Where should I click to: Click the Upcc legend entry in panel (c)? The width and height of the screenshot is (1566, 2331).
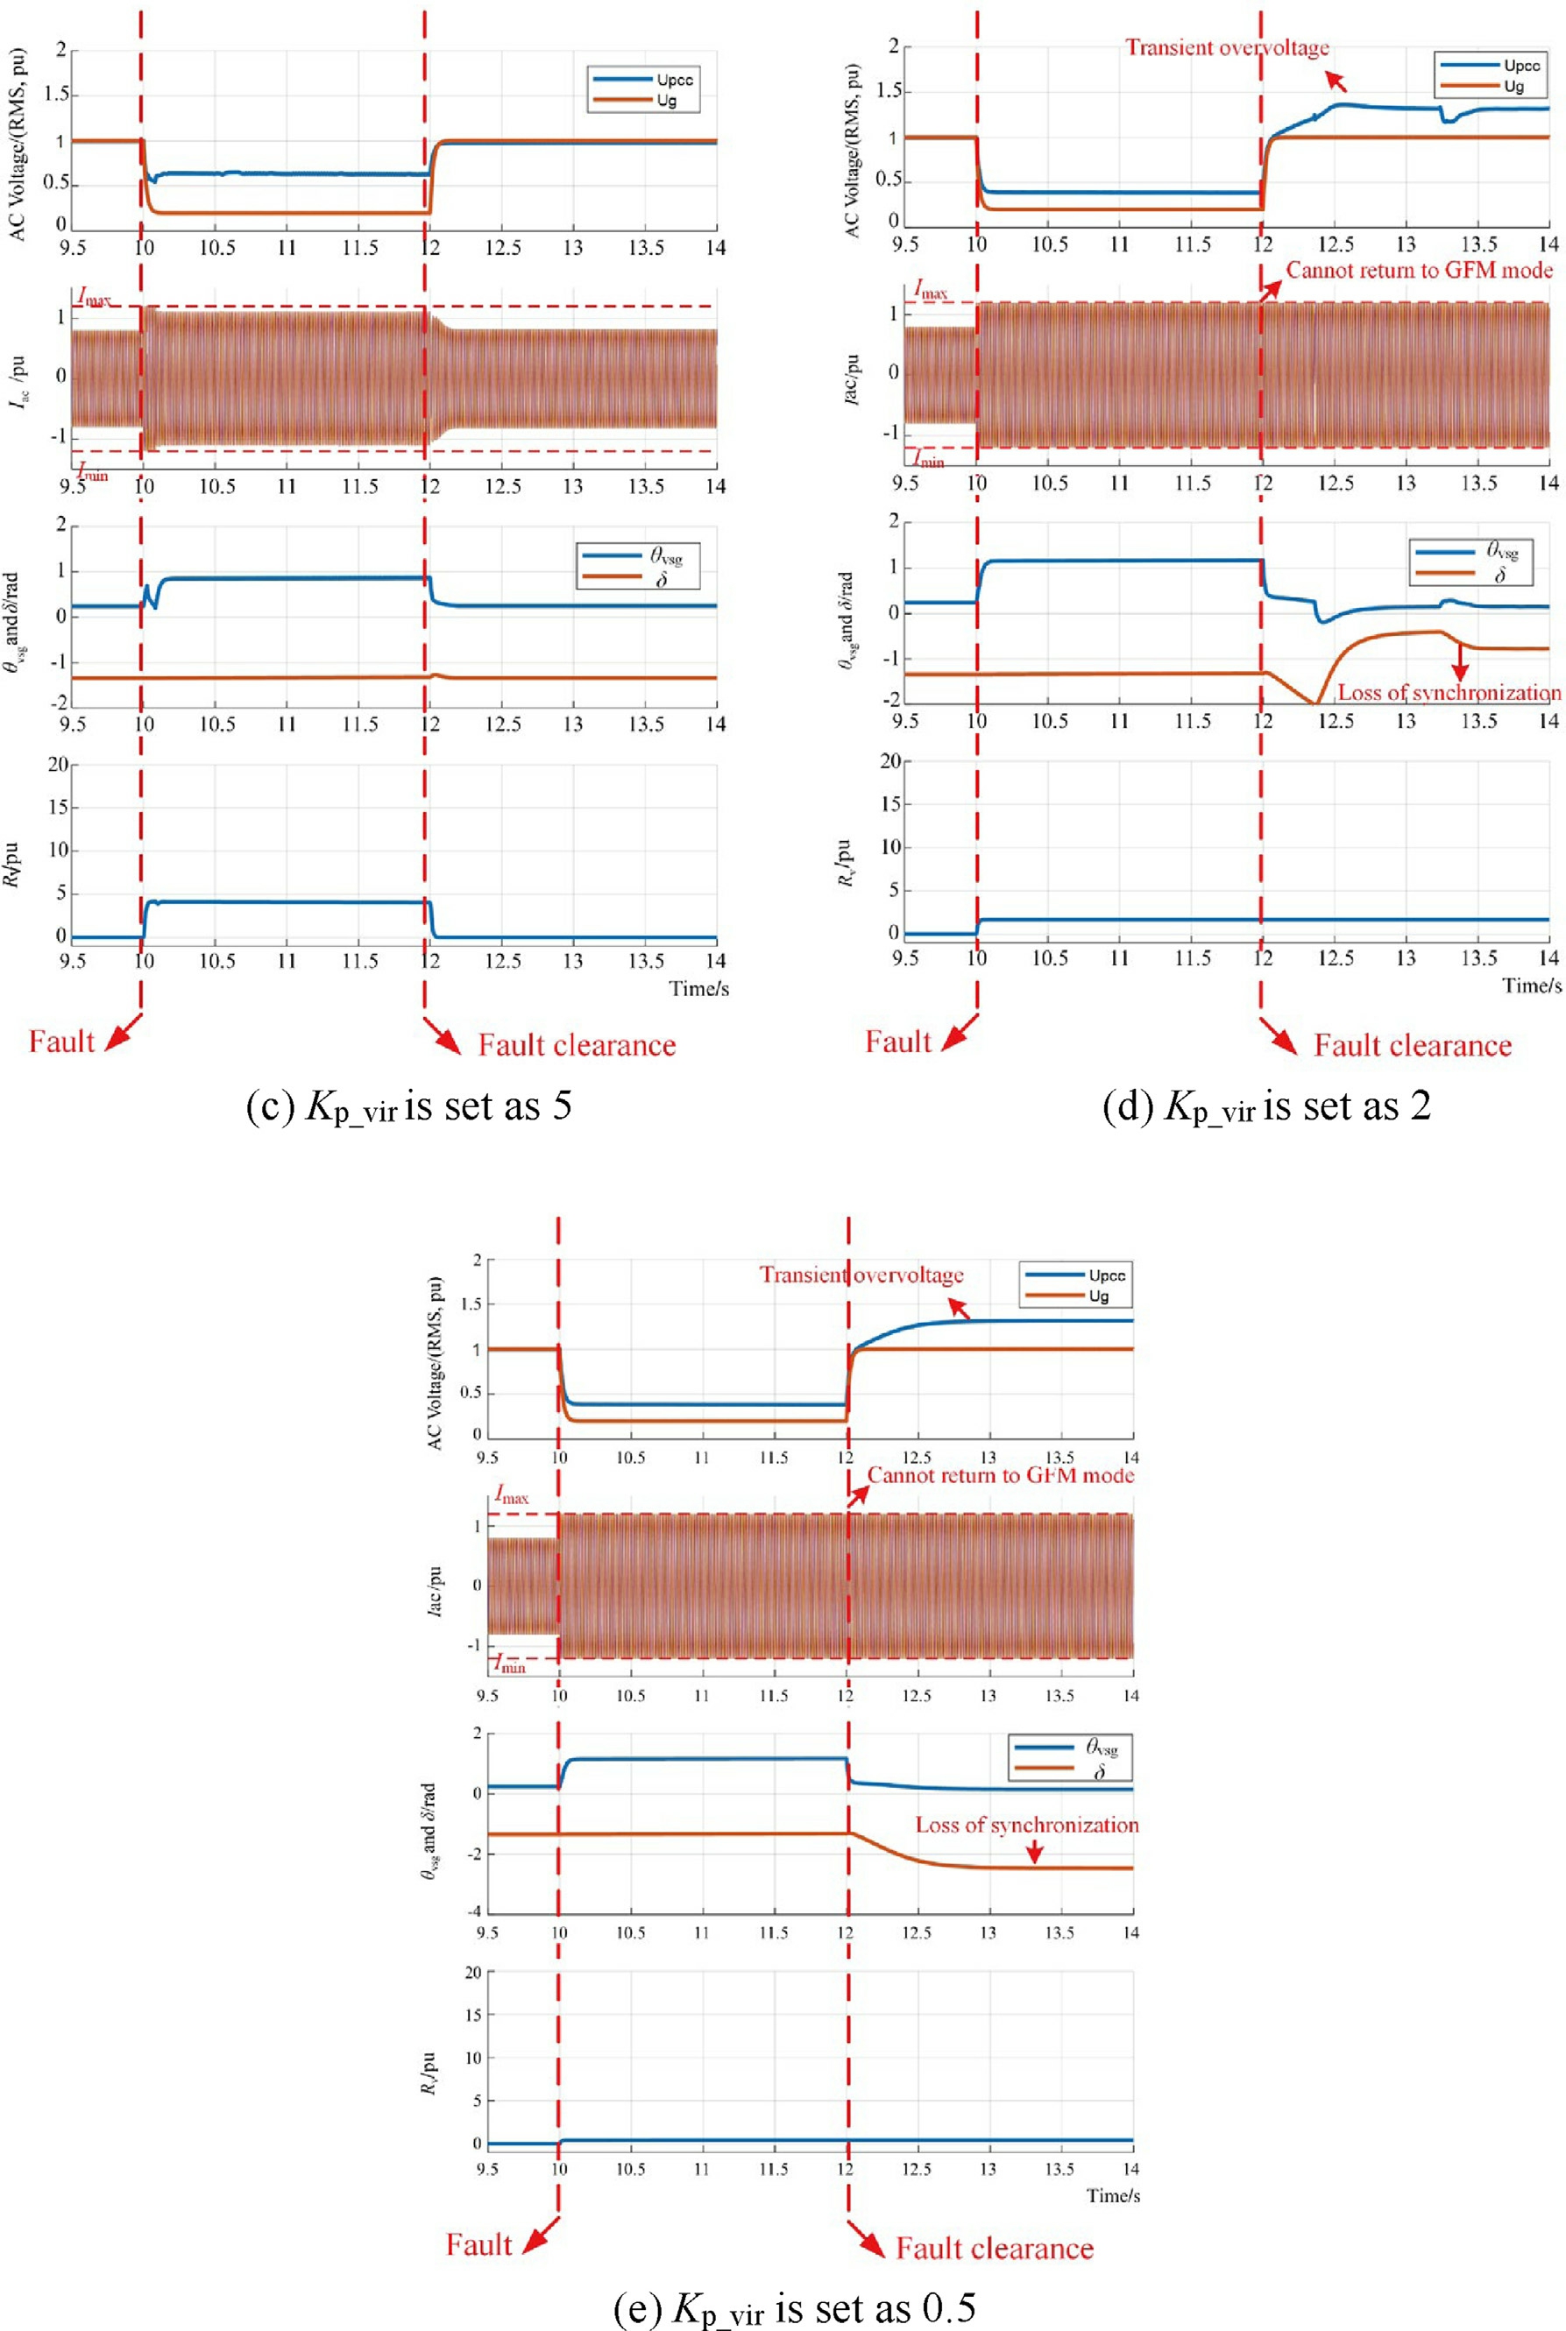[x=642, y=80]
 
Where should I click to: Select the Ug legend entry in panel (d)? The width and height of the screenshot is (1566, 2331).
[x=1483, y=86]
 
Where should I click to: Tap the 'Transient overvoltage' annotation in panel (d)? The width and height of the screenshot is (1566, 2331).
[x=1228, y=47]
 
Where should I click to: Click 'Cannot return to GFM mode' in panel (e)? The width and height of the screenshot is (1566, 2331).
[x=1001, y=1475]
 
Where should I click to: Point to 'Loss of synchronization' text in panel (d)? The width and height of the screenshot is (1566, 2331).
[x=1449, y=692]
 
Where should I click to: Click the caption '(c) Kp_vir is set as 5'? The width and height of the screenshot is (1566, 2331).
[x=409, y=1107]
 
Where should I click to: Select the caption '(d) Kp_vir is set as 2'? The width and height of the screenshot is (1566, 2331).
[x=1266, y=1107]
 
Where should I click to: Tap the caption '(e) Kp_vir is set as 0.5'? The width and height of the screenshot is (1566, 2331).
[x=794, y=2308]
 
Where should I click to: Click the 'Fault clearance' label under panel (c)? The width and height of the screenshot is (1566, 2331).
[x=578, y=1045]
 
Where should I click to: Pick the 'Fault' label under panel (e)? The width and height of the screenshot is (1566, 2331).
[x=478, y=2244]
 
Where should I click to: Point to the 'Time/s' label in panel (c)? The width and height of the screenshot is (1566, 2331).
[x=699, y=988]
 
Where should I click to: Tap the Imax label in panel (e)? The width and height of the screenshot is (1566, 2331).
[x=513, y=1496]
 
